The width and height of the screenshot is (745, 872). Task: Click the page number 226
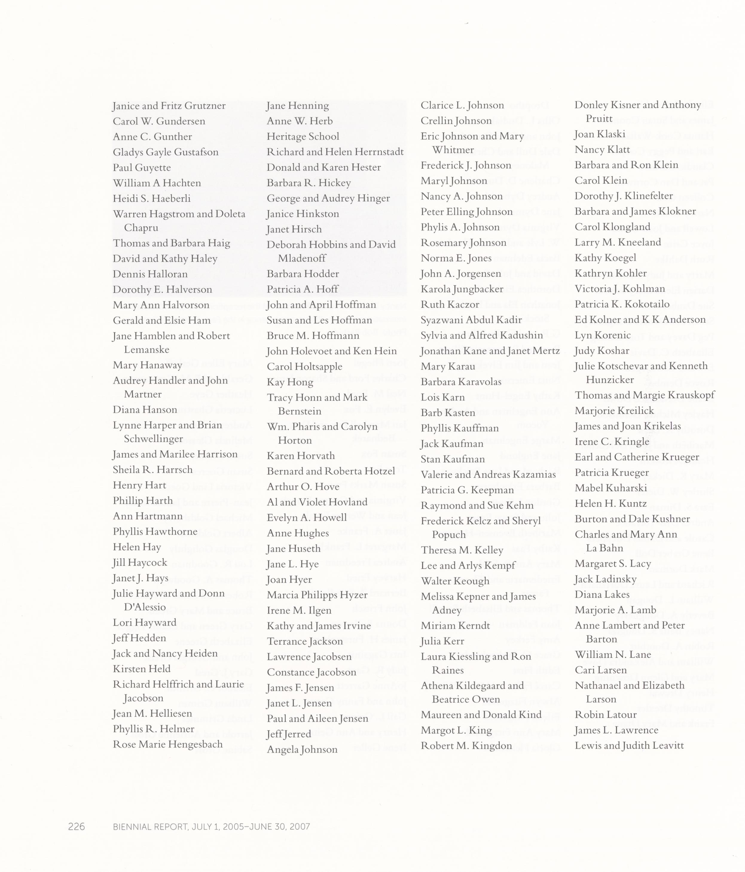click(77, 827)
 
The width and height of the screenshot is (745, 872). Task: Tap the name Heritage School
click(303, 137)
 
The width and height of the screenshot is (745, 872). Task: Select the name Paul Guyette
click(142, 168)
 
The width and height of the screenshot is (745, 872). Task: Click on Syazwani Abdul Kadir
click(471, 320)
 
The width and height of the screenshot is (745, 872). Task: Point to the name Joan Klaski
click(600, 134)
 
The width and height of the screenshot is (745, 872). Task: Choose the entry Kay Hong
click(290, 382)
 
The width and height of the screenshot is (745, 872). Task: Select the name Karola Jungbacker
click(462, 289)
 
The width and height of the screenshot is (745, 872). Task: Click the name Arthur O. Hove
click(303, 487)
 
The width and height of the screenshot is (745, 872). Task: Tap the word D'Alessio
click(145, 607)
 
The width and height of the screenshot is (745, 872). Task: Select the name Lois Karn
click(442, 398)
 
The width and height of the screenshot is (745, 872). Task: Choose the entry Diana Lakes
click(602, 595)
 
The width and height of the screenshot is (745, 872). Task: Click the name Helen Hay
click(137, 547)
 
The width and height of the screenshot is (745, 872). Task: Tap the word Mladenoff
click(302, 258)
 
